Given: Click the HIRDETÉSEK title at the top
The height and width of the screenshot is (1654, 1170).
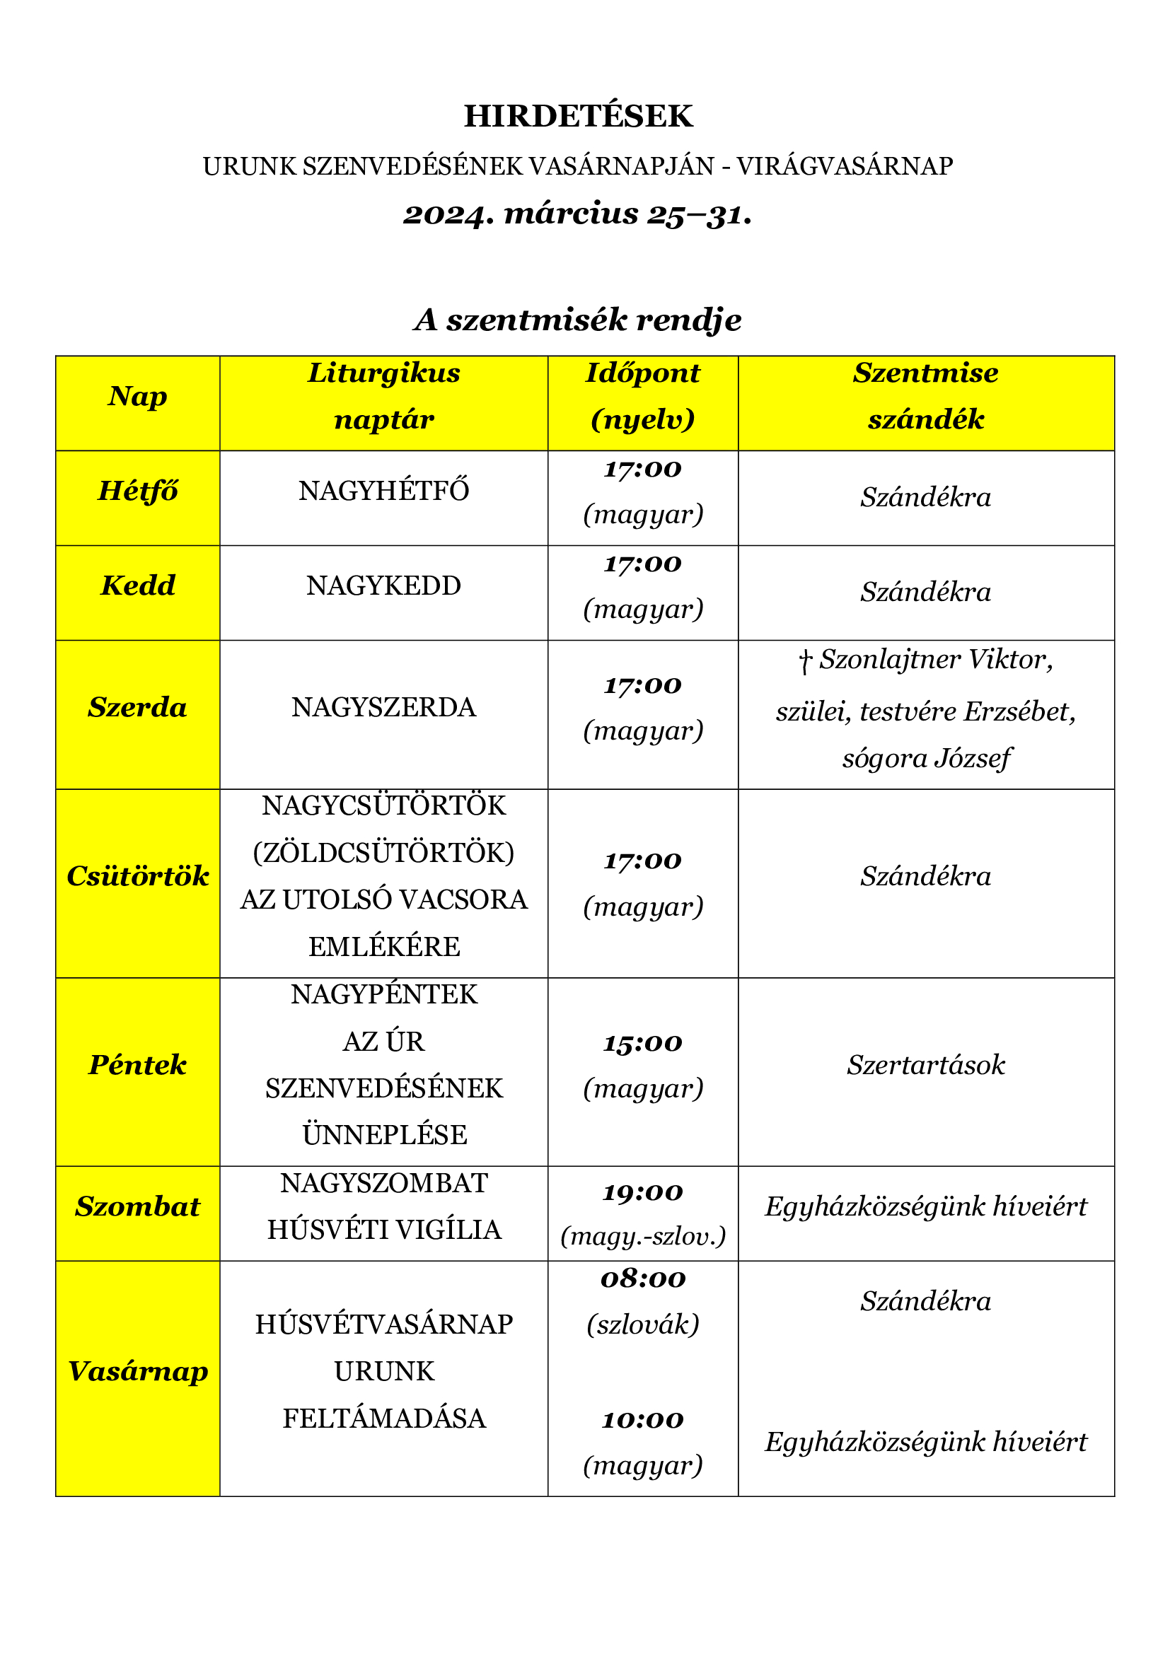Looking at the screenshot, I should tap(578, 117).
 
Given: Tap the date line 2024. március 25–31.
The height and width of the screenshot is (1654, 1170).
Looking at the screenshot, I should tap(578, 215).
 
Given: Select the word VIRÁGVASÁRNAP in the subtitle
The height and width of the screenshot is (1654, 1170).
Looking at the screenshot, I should tap(845, 166).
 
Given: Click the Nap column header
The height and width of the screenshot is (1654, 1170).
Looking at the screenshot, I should tap(138, 397).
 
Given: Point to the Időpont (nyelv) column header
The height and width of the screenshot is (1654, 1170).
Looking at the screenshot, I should tap(642, 397).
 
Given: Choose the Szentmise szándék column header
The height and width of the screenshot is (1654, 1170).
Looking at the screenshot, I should tap(926, 397).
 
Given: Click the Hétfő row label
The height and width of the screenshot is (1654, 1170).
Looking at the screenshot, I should tap(138, 491).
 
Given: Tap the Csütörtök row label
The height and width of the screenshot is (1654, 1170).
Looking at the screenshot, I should tap(138, 877).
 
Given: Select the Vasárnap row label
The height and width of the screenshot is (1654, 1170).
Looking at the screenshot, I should tap(138, 1372).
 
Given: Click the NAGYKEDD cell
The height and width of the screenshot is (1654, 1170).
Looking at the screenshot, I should tap(383, 586).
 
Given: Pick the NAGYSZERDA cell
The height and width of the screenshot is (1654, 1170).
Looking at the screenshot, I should tap(383, 708).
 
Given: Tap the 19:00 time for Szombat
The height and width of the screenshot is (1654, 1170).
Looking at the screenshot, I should tap(642, 1194).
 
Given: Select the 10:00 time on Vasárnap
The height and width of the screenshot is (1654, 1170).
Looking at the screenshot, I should tap(642, 1421).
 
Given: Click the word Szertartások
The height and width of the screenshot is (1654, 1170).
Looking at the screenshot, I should tap(926, 1066).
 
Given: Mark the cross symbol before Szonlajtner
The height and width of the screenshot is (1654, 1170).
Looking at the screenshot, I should tap(806, 660).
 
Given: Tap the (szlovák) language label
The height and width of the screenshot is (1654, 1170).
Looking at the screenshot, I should tap(642, 1324).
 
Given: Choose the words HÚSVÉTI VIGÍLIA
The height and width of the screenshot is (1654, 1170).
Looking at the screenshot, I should tap(383, 1230).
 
